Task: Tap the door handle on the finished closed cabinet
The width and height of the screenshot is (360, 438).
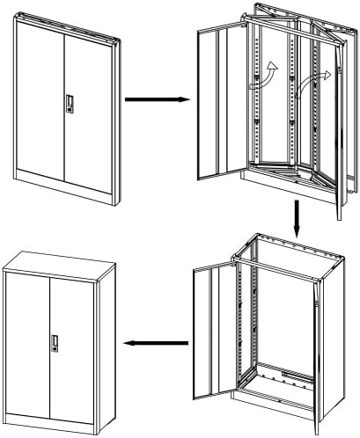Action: point(55,343)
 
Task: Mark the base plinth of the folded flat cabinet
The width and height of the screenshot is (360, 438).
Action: point(62,187)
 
